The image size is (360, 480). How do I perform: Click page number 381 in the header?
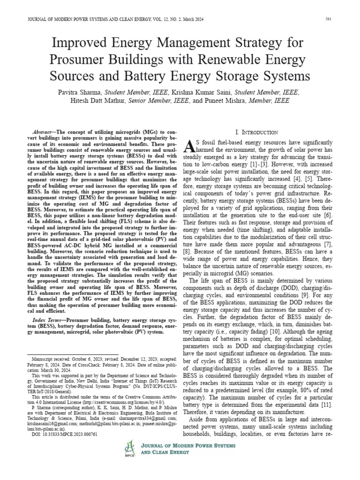click(329, 19)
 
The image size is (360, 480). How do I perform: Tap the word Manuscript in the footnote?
click(46, 357)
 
